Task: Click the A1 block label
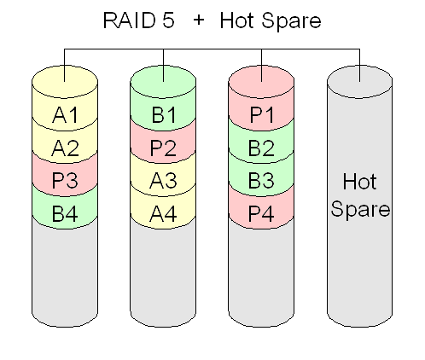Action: tap(65, 115)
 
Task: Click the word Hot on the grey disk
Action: tap(360, 181)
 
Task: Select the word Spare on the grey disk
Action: tap(360, 210)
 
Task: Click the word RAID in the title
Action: tap(130, 20)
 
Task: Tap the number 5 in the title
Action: tap(168, 20)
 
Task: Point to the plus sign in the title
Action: tap(199, 20)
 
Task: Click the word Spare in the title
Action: tap(291, 21)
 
